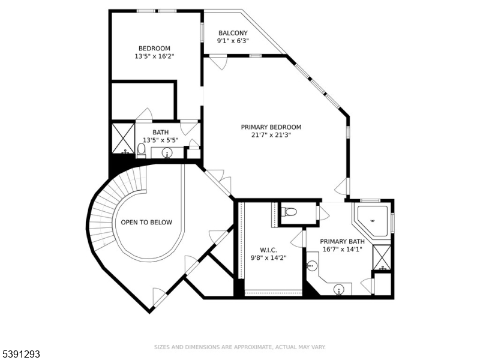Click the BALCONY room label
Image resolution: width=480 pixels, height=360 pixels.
233,33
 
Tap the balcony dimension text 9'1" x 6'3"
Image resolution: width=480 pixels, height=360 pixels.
233,41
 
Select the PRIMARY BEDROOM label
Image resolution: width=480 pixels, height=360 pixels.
271,127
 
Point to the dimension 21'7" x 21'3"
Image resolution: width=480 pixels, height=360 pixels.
271,135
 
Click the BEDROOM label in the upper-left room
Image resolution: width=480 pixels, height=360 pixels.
154,49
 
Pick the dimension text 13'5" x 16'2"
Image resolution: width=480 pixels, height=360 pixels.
154,56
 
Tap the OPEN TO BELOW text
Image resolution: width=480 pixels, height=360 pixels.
146,223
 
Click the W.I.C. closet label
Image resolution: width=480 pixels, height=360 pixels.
269,250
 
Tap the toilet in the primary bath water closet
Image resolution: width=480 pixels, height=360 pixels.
290,212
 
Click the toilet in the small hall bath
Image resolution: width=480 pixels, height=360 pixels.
142,148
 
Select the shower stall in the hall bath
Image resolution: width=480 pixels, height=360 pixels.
123,137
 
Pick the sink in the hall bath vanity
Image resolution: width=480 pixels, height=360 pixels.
167,154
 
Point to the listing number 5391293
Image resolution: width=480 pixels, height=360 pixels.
22,355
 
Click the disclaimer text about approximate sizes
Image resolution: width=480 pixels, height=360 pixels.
240,347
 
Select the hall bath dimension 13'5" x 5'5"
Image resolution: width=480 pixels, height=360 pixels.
160,140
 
